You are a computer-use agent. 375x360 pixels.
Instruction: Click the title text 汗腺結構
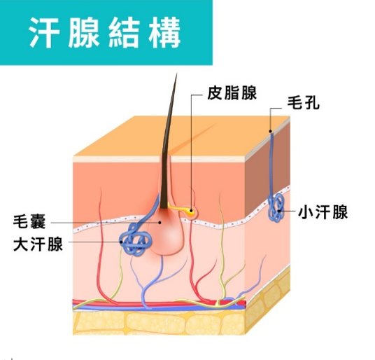(x=105, y=32)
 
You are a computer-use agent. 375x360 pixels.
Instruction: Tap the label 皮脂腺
(x=232, y=93)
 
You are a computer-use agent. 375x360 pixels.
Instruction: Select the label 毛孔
(x=303, y=103)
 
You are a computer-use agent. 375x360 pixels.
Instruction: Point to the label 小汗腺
(x=323, y=212)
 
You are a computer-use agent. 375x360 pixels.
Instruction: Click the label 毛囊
(x=29, y=222)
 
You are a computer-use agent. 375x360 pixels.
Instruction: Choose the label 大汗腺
(x=38, y=244)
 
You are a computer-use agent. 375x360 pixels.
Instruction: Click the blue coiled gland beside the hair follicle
(x=135, y=240)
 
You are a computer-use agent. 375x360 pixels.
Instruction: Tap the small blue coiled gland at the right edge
(x=276, y=208)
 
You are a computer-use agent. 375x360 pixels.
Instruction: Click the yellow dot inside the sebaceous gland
(x=191, y=211)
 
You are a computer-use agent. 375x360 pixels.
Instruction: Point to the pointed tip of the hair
(x=176, y=74)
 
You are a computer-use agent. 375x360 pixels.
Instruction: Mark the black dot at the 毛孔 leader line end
(x=271, y=131)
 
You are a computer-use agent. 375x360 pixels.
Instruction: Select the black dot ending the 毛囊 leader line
(x=160, y=223)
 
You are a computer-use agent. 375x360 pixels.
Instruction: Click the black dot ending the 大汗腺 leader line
(x=121, y=242)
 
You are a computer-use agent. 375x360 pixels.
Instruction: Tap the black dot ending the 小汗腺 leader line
(x=279, y=211)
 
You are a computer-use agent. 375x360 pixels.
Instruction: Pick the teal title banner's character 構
(x=165, y=32)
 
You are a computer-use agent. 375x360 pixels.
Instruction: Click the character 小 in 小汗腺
(x=306, y=212)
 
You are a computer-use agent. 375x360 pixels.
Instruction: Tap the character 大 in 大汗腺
(x=21, y=244)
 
